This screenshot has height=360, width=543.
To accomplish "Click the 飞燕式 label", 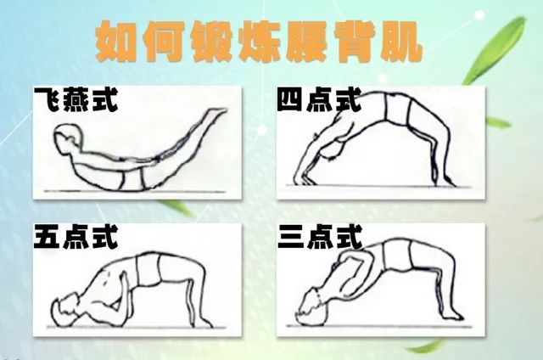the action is coord(76,99).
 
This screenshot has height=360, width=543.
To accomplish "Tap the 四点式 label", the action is coord(319,99).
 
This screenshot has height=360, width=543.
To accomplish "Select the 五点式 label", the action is coord(76,236).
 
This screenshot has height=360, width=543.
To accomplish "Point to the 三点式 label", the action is coord(320,236).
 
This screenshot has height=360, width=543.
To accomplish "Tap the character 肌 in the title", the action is coord(401,41).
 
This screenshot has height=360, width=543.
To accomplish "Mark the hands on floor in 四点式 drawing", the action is coord(301,179).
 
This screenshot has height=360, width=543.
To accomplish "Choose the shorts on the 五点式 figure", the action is coord(149,269).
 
